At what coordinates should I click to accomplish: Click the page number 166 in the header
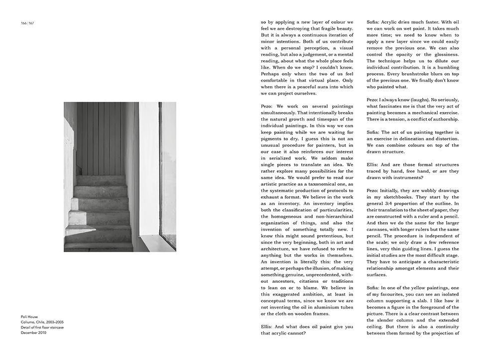(x=23, y=23)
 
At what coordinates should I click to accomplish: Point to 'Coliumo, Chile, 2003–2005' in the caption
(x=42, y=321)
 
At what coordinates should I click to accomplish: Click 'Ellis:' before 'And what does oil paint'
(x=268, y=327)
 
